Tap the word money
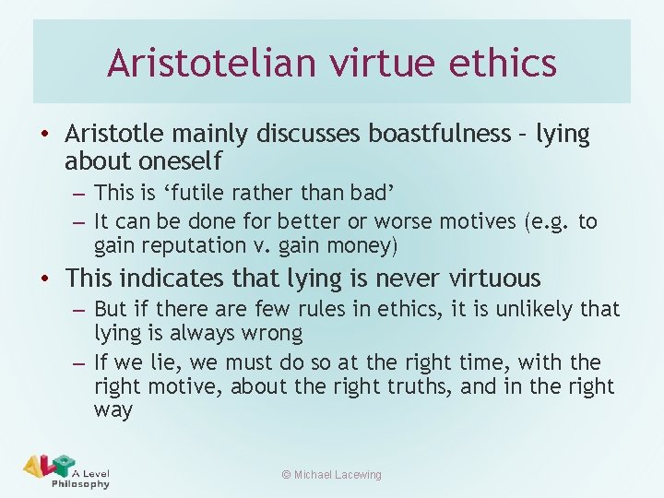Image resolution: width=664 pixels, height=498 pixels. [359, 246]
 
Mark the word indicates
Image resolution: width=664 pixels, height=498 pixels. [175, 278]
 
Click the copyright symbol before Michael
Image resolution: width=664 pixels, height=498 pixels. [286, 475]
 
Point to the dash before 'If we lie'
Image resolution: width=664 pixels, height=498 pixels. [79, 362]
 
